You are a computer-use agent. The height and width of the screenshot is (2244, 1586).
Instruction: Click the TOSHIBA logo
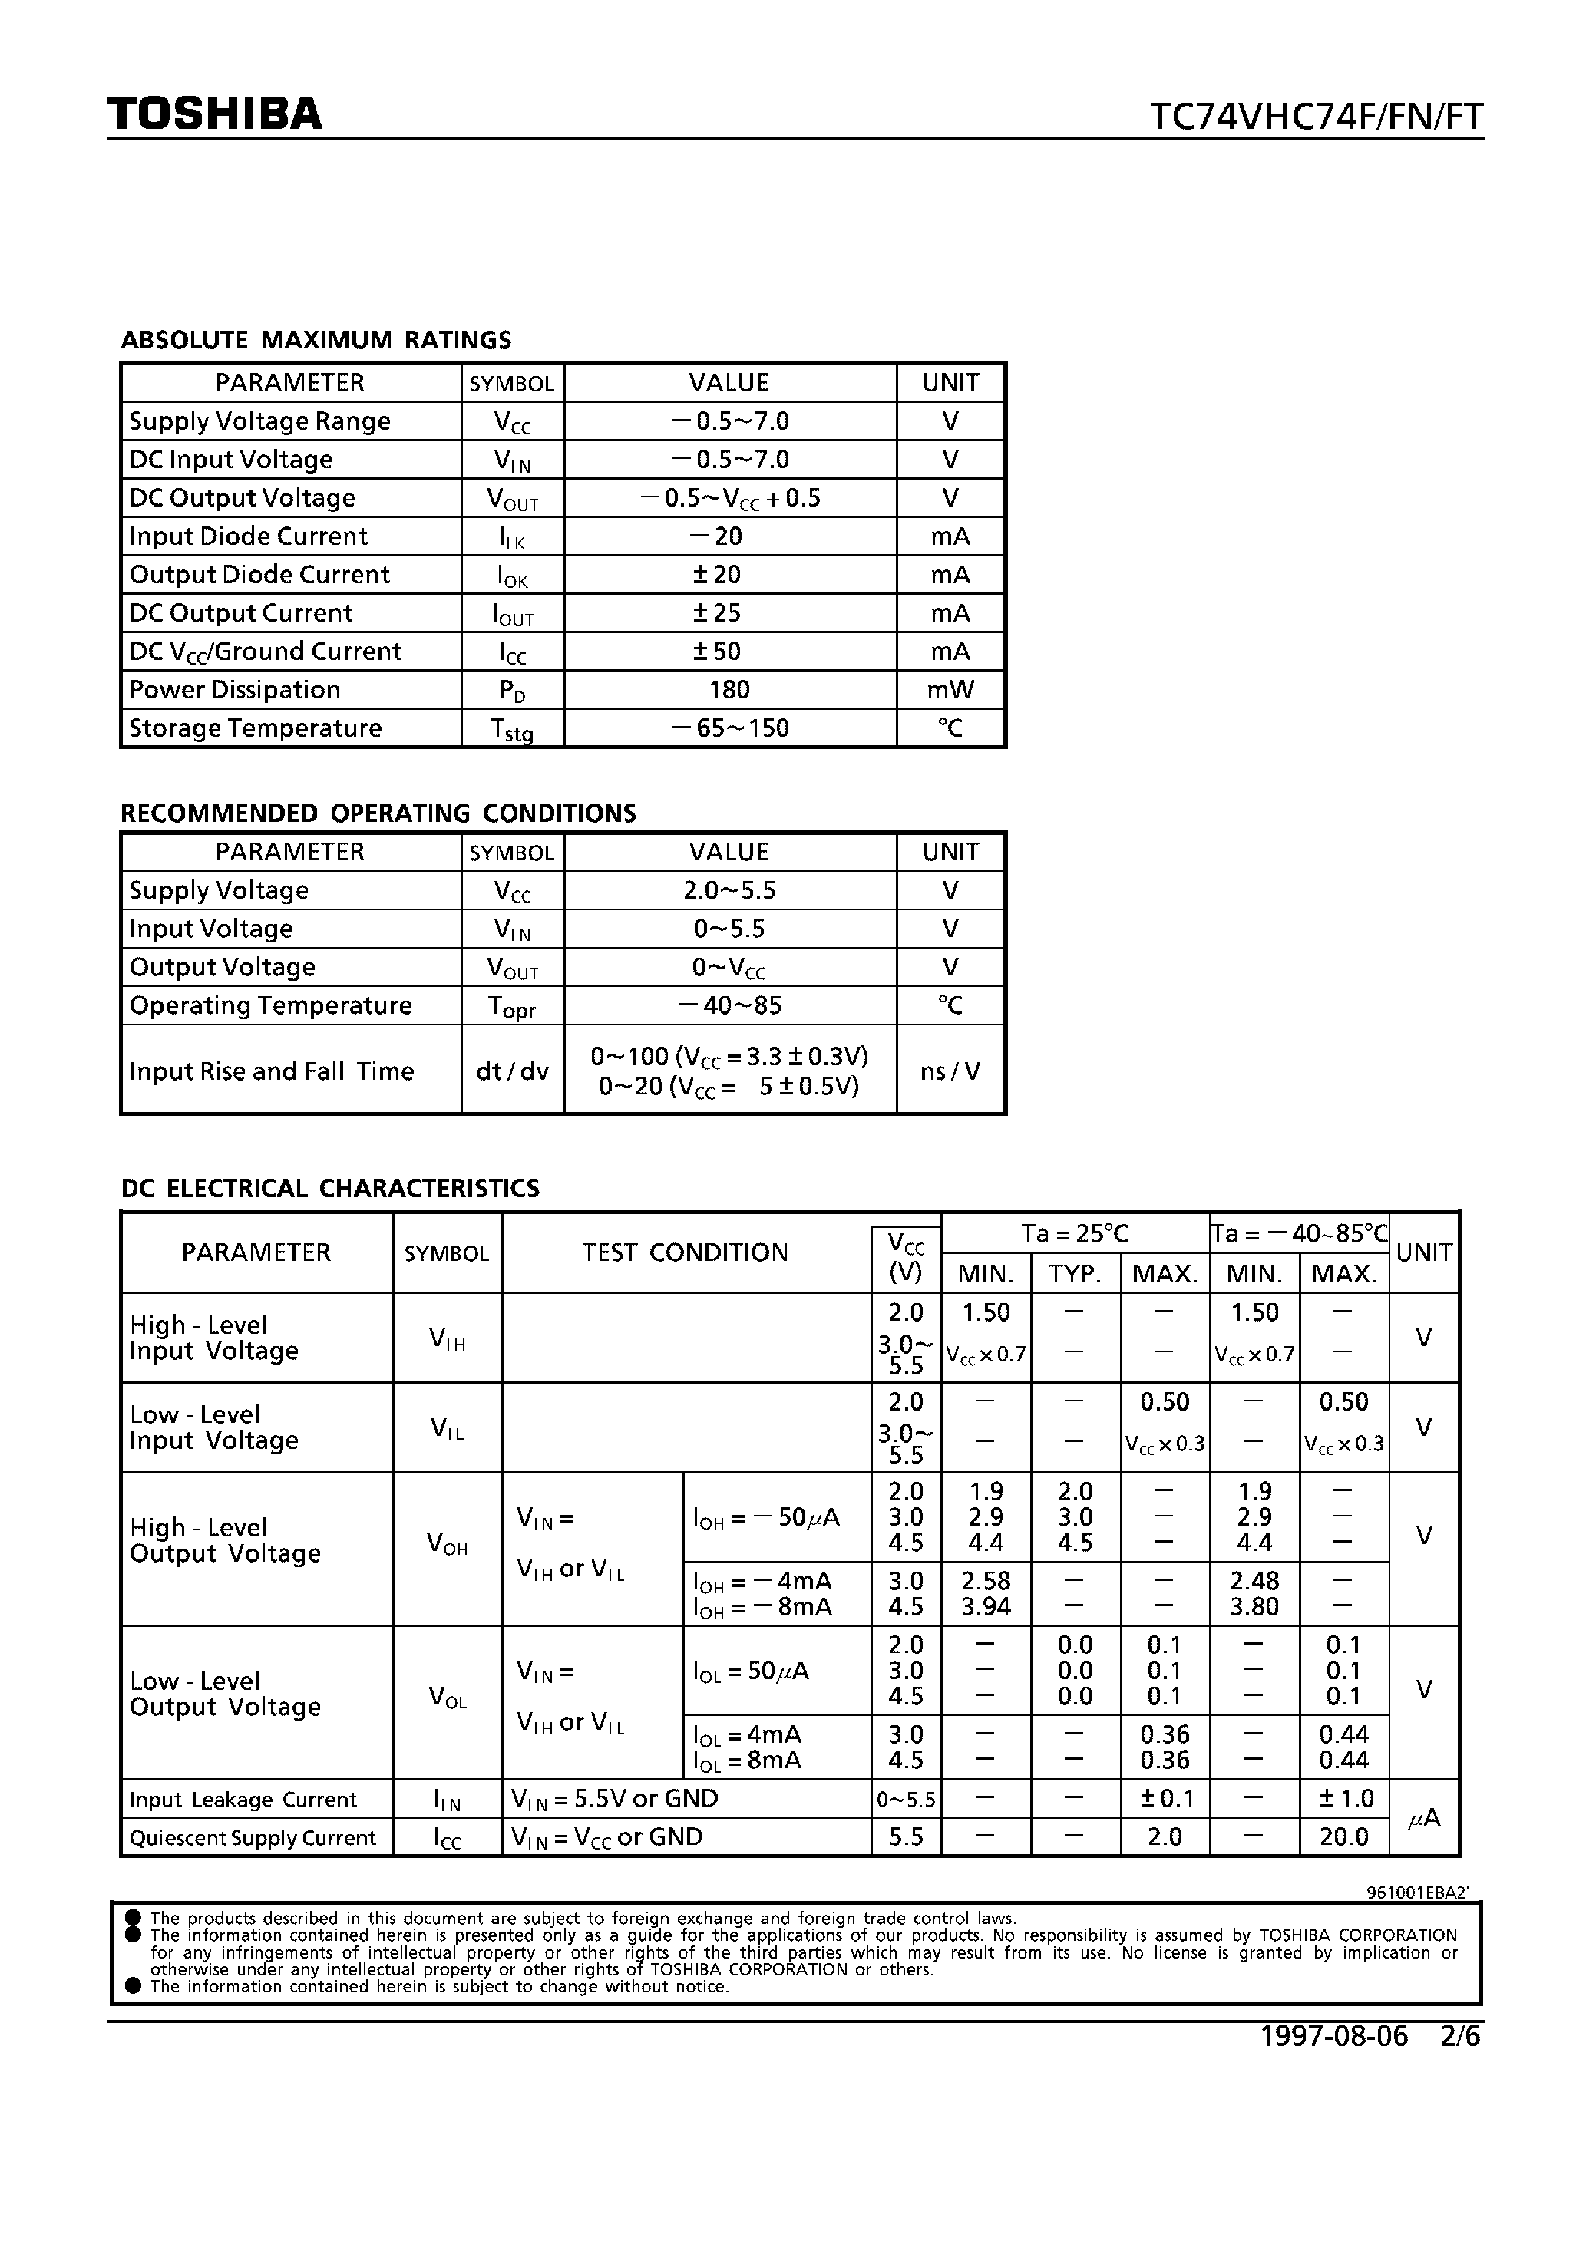pos(214,114)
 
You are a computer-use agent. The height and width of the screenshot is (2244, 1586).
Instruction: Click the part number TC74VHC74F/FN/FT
pos(1316,117)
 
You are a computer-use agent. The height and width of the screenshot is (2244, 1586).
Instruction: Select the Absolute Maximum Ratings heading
pos(316,340)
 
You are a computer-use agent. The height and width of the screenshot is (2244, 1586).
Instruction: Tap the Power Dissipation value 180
pos(729,690)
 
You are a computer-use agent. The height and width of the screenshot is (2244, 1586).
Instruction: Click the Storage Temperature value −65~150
pos(729,728)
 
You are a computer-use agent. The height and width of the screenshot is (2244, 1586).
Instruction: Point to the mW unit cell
pos(950,690)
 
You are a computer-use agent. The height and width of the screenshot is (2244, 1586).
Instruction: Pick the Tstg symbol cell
pos(512,729)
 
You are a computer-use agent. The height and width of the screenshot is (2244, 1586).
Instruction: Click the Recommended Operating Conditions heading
pos(378,813)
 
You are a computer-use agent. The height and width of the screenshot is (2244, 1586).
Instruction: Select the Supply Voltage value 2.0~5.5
pos(729,890)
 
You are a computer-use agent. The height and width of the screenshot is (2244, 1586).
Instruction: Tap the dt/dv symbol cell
pos(512,1071)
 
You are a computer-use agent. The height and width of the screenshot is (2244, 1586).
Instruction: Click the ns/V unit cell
pos(950,1071)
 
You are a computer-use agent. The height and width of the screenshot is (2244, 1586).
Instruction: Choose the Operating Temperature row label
pos(271,1005)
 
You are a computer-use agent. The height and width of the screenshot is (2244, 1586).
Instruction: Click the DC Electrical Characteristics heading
pos(329,1189)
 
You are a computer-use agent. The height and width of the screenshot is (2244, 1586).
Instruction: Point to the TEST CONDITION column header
pos(686,1253)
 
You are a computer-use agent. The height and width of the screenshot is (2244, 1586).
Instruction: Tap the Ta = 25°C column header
pos(1075,1233)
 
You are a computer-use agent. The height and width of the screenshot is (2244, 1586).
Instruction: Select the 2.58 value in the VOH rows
pos(986,1580)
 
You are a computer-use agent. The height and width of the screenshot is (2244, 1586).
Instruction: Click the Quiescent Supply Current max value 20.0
pos(1343,1836)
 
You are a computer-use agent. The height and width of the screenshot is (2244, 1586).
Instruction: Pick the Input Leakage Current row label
pos(243,1800)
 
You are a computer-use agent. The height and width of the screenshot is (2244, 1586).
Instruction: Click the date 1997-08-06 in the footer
pos(1333,2036)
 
